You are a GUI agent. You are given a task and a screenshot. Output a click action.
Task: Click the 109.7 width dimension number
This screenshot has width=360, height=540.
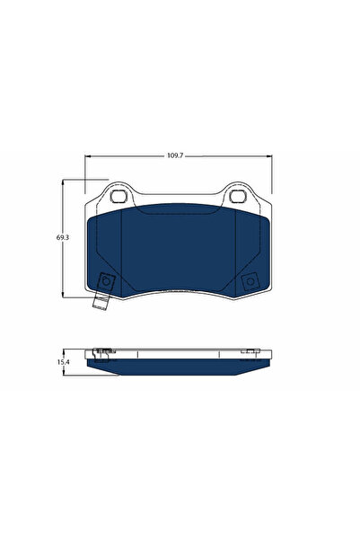coord(174,155)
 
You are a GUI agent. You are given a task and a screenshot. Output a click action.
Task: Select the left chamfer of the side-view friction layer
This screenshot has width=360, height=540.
coord(99,364)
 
